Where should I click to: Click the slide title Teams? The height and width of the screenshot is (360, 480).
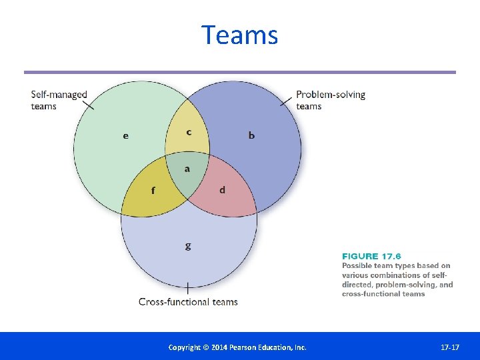coord(239,35)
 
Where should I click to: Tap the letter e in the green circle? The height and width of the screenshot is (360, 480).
coord(126,136)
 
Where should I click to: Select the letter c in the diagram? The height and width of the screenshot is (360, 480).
coord(189,132)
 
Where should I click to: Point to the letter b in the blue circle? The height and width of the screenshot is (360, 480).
coord(251,136)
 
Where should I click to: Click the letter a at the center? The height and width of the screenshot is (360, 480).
coord(187,169)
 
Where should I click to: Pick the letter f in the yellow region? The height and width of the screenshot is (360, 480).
coord(153,191)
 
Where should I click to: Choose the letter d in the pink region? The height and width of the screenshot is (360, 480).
coord(222,190)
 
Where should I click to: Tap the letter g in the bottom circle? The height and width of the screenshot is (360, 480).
coord(187,246)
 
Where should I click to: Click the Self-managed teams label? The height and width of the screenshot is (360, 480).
coord(59,100)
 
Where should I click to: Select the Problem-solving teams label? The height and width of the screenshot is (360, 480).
coord(331,100)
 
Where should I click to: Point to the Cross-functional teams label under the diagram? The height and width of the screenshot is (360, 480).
coord(188,302)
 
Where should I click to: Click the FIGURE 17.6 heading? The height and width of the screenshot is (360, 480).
coord(371,256)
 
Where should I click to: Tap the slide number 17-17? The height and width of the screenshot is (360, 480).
coord(450,347)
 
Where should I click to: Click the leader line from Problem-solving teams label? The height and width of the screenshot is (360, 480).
coord(287,101)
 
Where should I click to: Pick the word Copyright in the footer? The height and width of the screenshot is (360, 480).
coord(184,347)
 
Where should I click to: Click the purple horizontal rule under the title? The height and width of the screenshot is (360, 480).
coord(239,72)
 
